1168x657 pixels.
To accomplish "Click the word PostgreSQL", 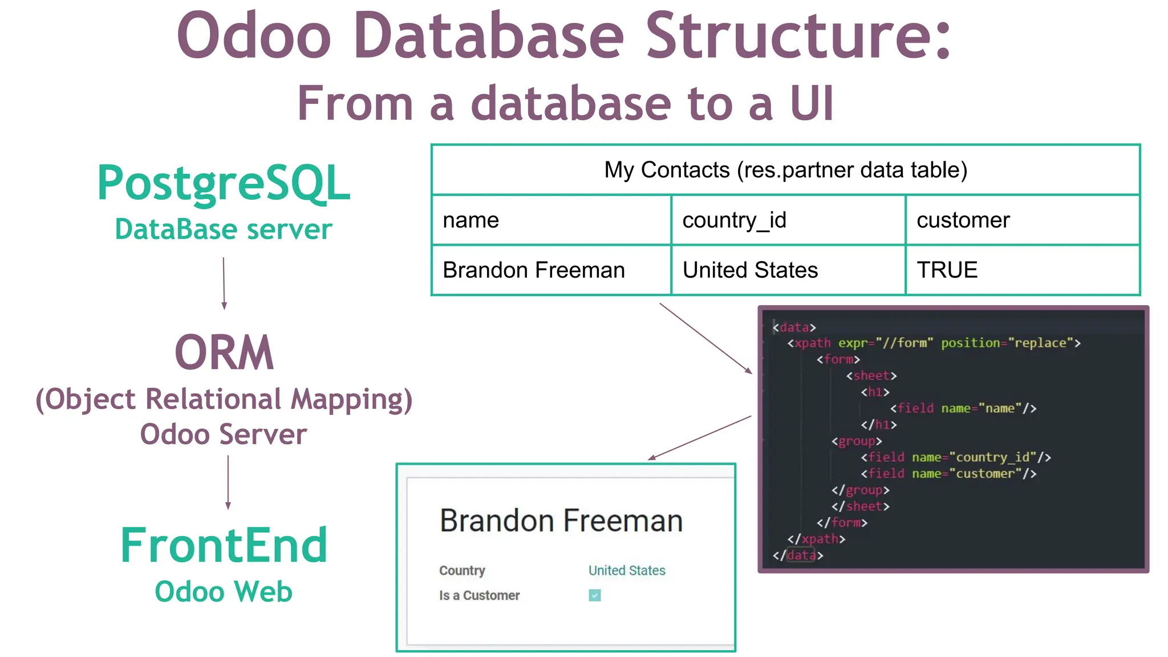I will (x=224, y=184).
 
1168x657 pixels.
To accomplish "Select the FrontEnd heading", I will (x=224, y=546).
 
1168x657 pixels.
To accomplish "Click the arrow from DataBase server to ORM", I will (x=224, y=283).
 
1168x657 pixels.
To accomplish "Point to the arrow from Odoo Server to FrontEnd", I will (x=228, y=482).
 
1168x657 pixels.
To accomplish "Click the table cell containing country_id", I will (x=788, y=220).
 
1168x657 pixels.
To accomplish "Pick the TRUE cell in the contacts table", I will (x=1022, y=270).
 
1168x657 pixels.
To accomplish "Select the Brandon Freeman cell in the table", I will (x=551, y=270).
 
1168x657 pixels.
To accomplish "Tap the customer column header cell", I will (x=1022, y=220).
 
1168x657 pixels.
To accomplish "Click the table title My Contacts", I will (x=785, y=170).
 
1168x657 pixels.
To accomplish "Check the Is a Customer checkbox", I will (x=595, y=595).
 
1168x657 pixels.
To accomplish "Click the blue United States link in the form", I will (x=627, y=570).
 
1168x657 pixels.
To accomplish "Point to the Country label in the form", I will (x=462, y=570).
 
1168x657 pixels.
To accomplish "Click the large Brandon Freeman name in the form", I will (x=561, y=521).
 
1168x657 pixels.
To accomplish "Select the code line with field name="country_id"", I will (x=955, y=457).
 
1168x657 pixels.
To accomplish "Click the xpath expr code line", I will (x=934, y=343).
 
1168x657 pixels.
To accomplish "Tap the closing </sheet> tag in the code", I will (x=860, y=506).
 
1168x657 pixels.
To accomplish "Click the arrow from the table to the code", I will (x=705, y=338).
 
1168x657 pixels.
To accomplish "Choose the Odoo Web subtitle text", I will (x=224, y=591).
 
